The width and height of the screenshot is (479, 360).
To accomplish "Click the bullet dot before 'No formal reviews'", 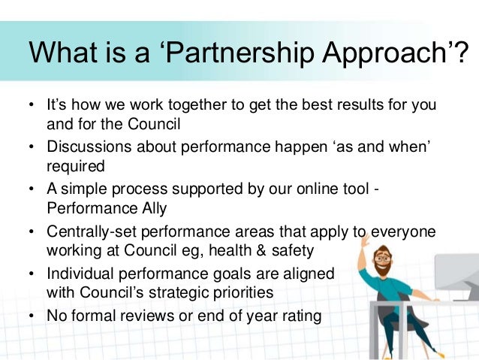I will pos(32,316).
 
